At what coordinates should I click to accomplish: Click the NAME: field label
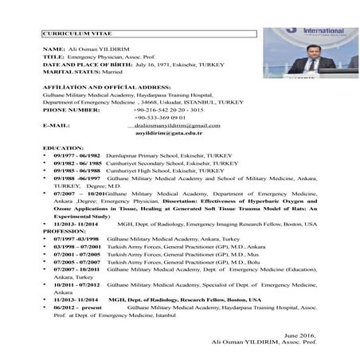point(53,49)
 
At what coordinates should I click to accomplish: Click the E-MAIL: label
point(57,126)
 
